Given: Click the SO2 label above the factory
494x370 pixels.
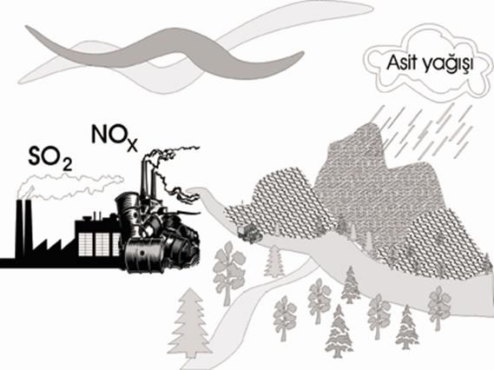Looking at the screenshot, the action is [50, 156].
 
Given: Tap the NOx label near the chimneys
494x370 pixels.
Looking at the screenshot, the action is [115, 138].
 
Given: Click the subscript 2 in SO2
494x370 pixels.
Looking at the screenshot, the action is [67, 164].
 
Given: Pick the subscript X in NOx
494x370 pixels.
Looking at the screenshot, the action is [132, 145].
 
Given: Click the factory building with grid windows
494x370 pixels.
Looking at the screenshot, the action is [97, 237].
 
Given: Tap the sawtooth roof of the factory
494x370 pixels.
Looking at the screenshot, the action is [52, 248].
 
